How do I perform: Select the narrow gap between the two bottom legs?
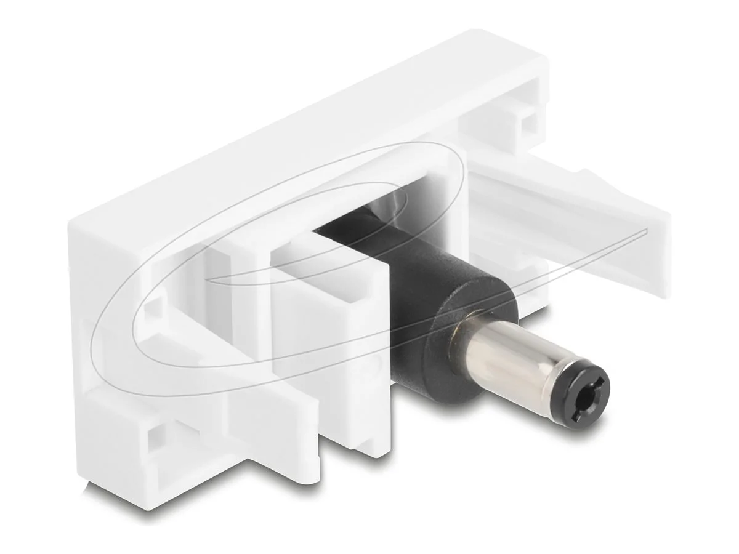pos(333,456)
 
